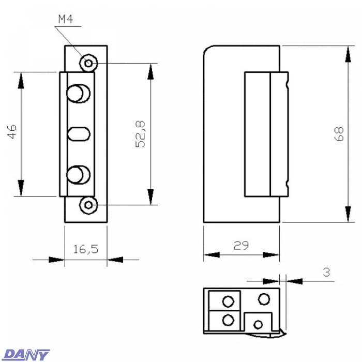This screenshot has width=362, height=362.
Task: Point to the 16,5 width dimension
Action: (x=85, y=249)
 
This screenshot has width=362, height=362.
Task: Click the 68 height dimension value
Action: (x=339, y=134)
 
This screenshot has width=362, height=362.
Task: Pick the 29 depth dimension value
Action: (x=241, y=245)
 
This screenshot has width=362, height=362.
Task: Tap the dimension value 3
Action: (x=326, y=272)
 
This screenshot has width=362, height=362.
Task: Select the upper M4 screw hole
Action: (x=89, y=64)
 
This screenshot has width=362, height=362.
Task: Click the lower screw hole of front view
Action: (x=89, y=205)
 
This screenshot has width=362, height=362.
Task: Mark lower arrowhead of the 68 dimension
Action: (x=344, y=215)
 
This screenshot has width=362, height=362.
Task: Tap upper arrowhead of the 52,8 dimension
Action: (x=151, y=71)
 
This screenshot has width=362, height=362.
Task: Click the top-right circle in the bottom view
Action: (x=264, y=299)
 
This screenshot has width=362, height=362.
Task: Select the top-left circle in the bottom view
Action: (x=228, y=301)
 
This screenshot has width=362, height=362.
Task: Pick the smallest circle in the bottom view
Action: (x=259, y=324)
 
